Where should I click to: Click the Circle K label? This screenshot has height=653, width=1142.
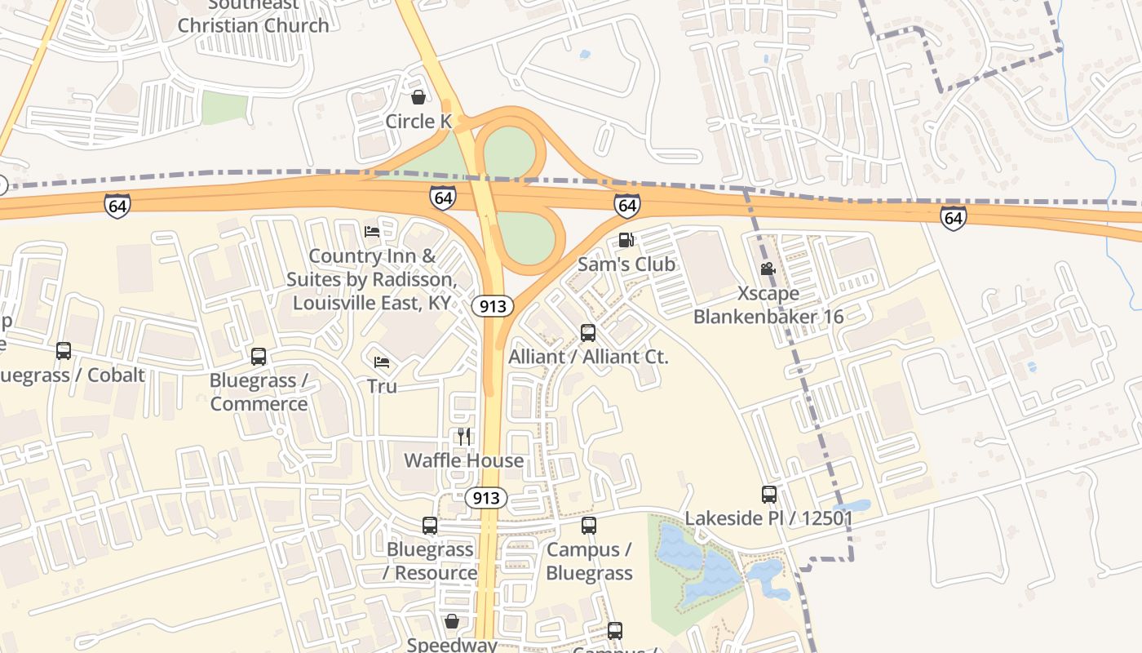tap(418, 122)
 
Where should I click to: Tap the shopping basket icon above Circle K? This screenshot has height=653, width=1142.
tap(418, 97)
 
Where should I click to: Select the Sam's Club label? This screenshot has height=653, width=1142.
tap(626, 264)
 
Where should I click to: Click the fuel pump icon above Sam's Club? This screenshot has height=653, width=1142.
tap(626, 239)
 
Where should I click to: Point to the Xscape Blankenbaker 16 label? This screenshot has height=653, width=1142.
tap(768, 304)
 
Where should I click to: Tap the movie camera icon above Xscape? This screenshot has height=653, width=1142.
tap(768, 269)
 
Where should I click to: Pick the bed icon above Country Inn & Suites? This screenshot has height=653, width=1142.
tap(372, 231)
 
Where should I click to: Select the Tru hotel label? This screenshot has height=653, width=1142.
tap(382, 386)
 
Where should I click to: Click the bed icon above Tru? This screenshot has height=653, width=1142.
tap(382, 362)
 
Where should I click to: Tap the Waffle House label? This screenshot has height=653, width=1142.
tap(464, 460)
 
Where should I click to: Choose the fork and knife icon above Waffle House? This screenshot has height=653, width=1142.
tap(464, 436)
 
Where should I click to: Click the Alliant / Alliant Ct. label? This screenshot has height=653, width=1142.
tap(588, 357)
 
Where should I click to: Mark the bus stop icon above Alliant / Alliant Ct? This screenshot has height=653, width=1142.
tap(588, 332)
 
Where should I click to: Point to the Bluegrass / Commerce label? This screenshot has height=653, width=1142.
tap(259, 392)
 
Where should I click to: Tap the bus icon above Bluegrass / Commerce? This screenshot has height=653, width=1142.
tap(259, 356)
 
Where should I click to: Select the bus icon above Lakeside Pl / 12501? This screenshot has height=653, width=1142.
tap(768, 494)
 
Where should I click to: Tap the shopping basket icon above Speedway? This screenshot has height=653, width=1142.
tap(452, 621)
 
